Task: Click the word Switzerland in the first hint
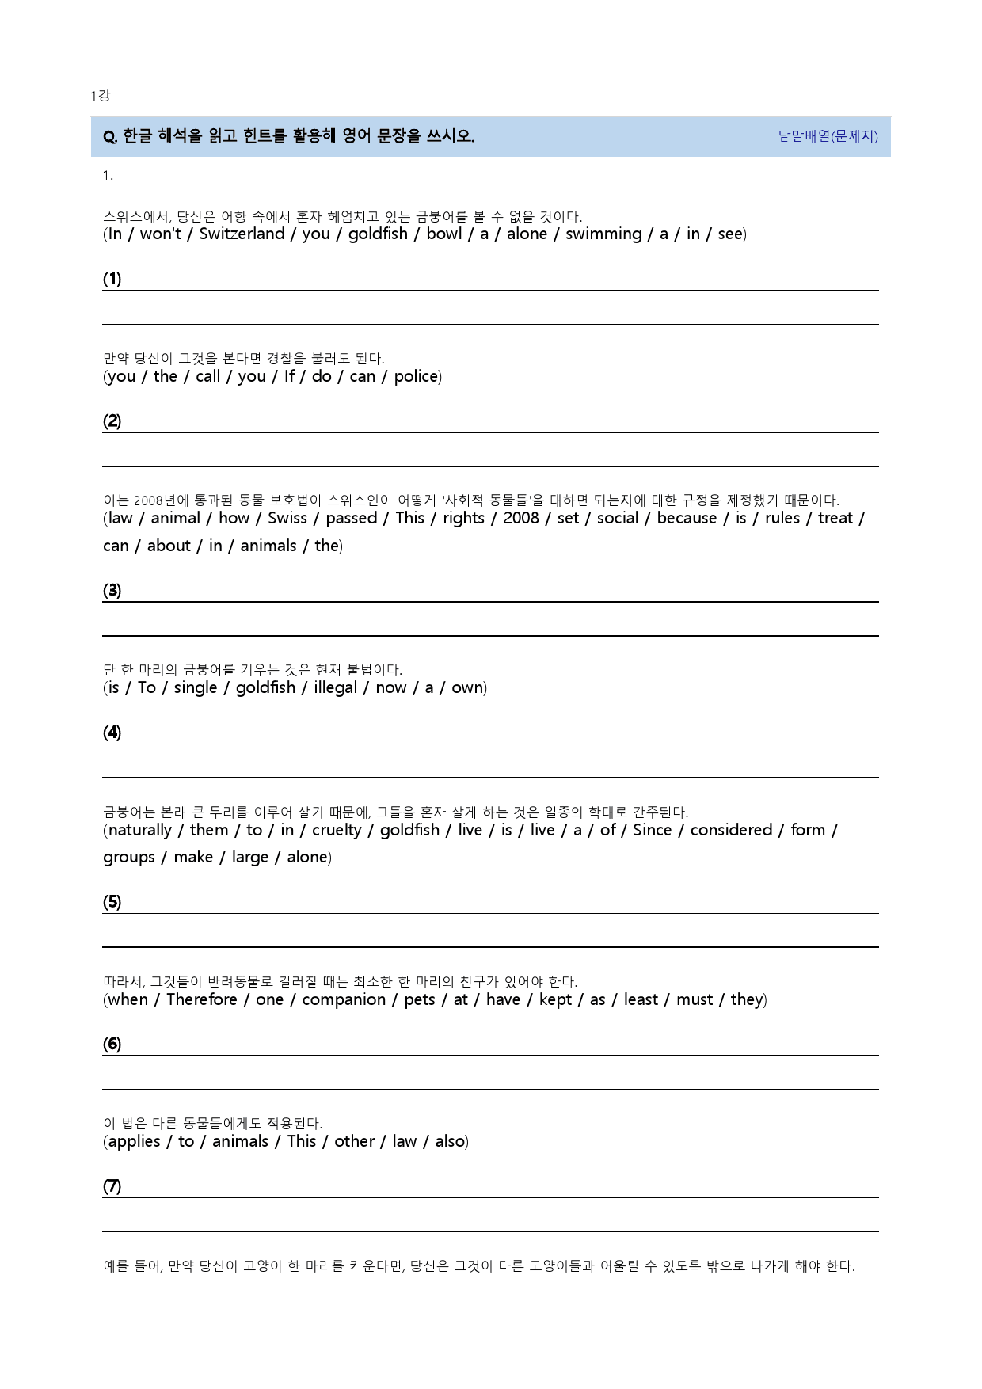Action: click(242, 234)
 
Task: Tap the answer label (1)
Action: click(112, 279)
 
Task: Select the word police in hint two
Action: click(416, 376)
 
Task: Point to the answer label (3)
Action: click(112, 590)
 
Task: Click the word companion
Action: click(344, 999)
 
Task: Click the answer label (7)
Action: click(112, 1186)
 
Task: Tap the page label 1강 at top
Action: click(101, 96)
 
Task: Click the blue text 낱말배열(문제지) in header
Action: click(828, 136)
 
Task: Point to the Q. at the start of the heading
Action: click(110, 137)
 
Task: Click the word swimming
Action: click(603, 234)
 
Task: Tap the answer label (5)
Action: click(112, 902)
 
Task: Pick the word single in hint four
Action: click(196, 687)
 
